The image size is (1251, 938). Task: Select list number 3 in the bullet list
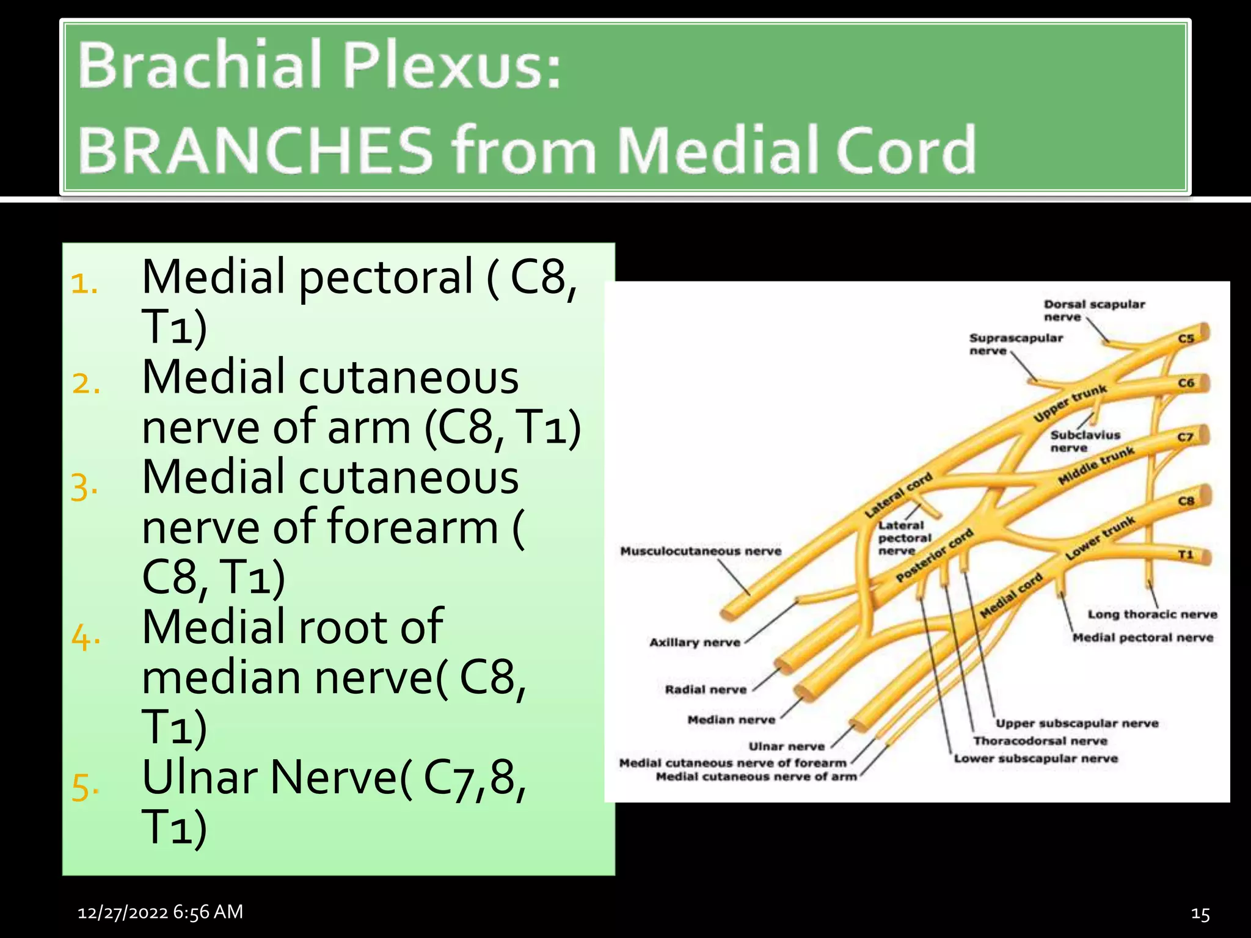pos(84,487)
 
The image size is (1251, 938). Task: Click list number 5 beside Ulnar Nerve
pos(85,786)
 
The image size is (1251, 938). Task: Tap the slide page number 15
pos(1200,914)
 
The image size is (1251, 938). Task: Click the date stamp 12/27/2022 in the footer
pos(123,912)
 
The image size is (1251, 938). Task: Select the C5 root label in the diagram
pos(1186,338)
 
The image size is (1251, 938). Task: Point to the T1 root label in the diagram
pos(1185,554)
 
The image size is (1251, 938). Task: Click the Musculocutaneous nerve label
pos(701,551)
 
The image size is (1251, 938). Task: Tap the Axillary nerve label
pos(695,642)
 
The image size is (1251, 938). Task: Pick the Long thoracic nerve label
pos(1152,614)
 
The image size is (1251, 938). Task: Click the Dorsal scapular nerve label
pos(1094,310)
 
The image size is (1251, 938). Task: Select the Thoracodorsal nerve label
pos(1040,741)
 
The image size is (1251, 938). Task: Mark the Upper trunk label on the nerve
pos(1070,403)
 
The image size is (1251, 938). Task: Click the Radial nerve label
pos(706,689)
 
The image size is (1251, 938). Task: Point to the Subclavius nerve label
pos(1085,441)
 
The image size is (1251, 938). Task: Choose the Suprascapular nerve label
pos(1016,344)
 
